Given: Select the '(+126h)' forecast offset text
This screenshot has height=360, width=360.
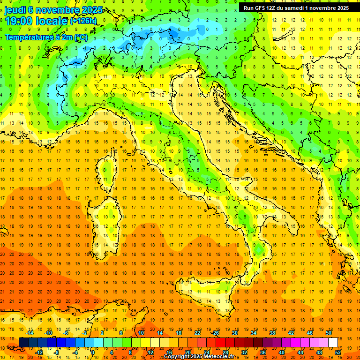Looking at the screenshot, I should (x=83, y=21).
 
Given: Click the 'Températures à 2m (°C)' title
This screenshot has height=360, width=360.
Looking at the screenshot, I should (x=46, y=37).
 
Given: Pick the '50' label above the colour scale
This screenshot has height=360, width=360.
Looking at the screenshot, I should (x=329, y=333).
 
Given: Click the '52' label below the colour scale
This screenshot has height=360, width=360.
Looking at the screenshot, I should (x=338, y=352).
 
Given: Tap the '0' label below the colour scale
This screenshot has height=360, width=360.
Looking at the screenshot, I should (x=93, y=352).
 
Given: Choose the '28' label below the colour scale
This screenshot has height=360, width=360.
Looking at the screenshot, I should (x=225, y=352).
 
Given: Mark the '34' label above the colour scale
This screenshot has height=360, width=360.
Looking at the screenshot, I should (x=254, y=333).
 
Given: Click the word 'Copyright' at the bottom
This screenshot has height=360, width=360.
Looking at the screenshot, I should (x=177, y=357).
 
